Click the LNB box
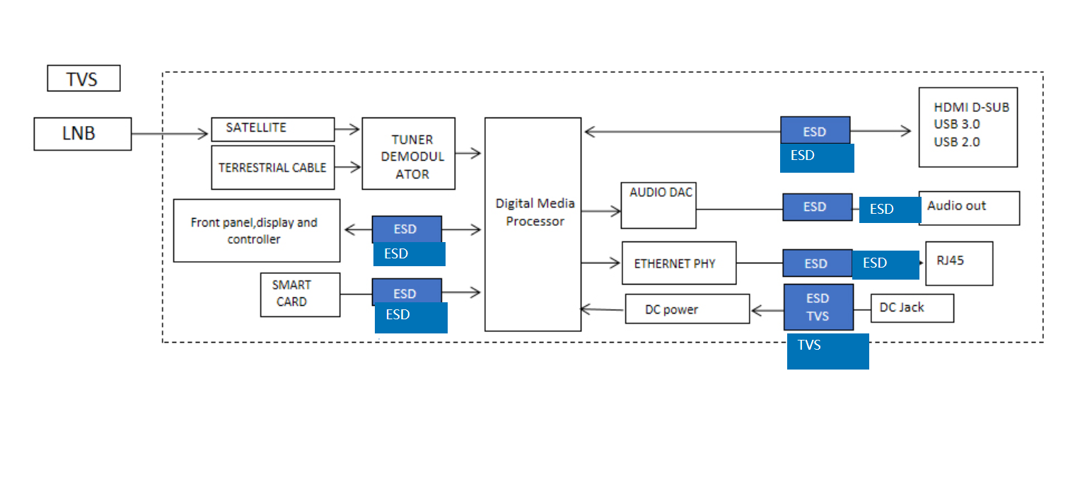[82, 134]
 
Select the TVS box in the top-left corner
[83, 79]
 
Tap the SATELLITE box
[272, 130]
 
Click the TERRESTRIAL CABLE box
[272, 168]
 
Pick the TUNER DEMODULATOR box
[408, 154]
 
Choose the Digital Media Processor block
[533, 224]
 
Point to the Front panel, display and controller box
[256, 231]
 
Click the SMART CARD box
[300, 294]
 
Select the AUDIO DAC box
[658, 206]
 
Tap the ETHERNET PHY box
[678, 263]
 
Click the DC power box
[687, 309]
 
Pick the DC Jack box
[912, 308]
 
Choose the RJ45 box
[958, 263]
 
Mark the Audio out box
[968, 207]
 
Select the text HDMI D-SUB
[971, 108]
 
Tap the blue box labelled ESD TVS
[818, 307]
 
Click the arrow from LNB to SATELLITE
[170, 133]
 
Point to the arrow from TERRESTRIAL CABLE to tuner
[347, 168]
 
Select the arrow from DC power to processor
[603, 309]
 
